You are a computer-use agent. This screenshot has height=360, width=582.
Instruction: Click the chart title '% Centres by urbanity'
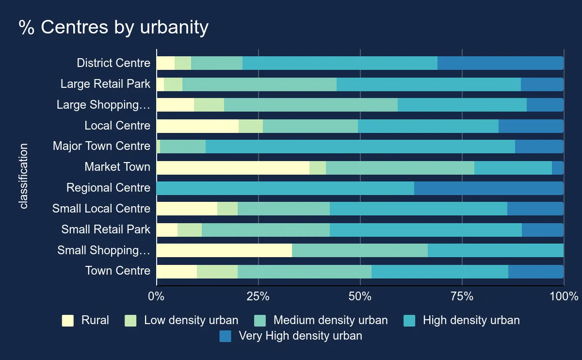pyautogui.click(x=113, y=28)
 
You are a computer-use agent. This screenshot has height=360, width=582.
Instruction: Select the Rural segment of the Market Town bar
pyautogui.click(x=233, y=167)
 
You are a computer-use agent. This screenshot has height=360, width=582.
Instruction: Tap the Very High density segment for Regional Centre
pyautogui.click(x=489, y=188)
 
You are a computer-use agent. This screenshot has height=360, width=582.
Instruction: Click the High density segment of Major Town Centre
pyautogui.click(x=360, y=147)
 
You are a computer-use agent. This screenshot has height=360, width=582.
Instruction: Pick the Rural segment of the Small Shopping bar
pyautogui.click(x=224, y=250)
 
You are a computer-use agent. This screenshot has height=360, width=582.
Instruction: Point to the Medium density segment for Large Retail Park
pyautogui.click(x=259, y=84)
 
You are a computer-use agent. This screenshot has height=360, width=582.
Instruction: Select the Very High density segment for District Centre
pyautogui.click(x=501, y=63)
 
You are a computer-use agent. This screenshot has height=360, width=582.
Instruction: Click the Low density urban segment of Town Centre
pyautogui.click(x=217, y=272)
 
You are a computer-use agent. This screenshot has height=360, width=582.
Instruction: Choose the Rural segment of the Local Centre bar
pyautogui.click(x=197, y=126)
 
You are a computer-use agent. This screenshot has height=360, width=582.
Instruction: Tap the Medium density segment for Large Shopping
pyautogui.click(x=311, y=105)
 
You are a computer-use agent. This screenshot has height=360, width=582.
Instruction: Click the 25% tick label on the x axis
pyautogui.click(x=258, y=296)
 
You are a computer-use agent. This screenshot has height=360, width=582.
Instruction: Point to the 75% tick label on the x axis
pyautogui.click(x=462, y=296)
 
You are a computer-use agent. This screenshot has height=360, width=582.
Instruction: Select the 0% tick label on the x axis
pyautogui.click(x=156, y=296)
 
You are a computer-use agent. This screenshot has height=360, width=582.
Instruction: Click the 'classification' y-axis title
pyautogui.click(x=24, y=176)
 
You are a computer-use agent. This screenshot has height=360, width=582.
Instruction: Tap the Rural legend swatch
pyautogui.click(x=68, y=321)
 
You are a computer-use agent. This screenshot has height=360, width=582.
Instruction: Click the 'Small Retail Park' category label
pyautogui.click(x=106, y=229)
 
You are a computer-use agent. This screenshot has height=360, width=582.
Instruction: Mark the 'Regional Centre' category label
pyautogui.click(x=108, y=188)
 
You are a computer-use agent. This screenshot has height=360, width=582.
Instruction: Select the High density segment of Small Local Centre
pyautogui.click(x=419, y=209)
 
